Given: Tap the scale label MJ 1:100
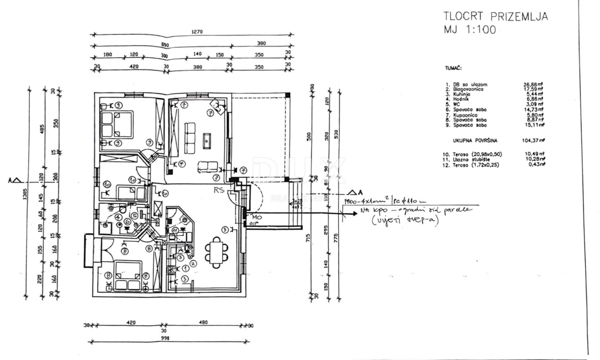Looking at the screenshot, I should (469, 30).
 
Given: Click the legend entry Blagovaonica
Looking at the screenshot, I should (464, 89).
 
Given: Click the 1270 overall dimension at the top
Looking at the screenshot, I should (196, 31).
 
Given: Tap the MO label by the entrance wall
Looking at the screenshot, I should (256, 218).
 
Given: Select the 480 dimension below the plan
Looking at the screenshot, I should (202, 322).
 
